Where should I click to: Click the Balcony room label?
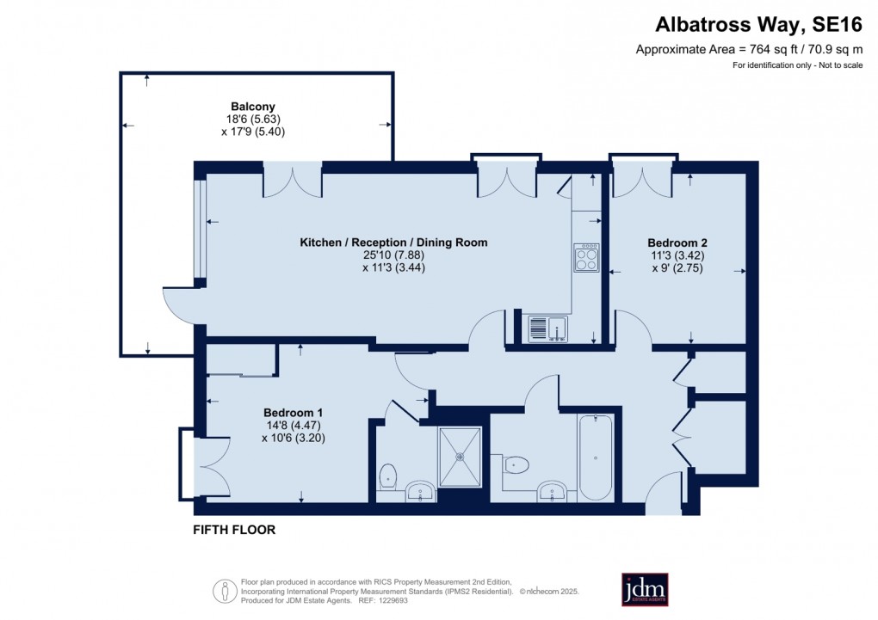253,107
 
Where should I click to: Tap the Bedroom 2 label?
677,242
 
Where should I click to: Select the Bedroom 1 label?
293,413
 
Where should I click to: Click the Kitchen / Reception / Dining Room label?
393,242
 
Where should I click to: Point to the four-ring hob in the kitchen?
586,258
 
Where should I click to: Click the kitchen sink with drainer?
547,328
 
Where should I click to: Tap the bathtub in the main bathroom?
596,457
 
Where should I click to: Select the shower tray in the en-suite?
460,457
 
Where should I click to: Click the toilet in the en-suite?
387,477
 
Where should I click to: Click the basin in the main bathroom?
553,492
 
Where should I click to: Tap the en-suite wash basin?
420,493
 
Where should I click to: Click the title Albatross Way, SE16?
758,25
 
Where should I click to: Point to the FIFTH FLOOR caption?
234,530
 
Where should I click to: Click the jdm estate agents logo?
645,589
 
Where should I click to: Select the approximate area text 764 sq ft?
773,49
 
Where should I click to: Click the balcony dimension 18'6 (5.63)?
253,120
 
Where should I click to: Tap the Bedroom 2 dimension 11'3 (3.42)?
677,255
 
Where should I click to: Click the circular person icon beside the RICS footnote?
226,591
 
